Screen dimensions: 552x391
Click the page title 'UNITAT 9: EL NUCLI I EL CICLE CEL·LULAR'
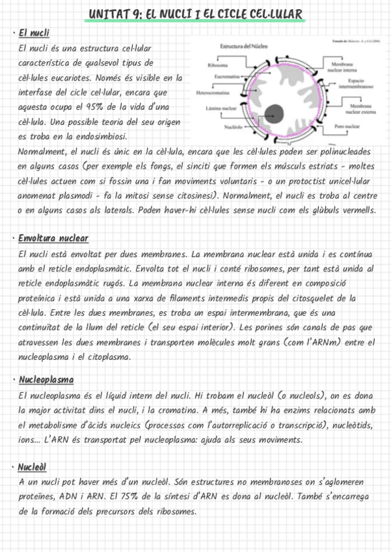(195, 14)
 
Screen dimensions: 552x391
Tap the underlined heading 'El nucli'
(34, 33)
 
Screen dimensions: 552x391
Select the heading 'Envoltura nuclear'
(53, 238)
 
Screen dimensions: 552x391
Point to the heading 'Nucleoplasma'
(46, 379)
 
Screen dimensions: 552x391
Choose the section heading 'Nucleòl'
(32, 466)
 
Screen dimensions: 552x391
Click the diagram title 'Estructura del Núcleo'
(244, 48)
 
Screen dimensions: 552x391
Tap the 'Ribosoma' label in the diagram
(217, 66)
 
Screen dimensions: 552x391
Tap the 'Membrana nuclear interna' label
(342, 68)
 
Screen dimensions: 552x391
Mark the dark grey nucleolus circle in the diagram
(276, 112)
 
